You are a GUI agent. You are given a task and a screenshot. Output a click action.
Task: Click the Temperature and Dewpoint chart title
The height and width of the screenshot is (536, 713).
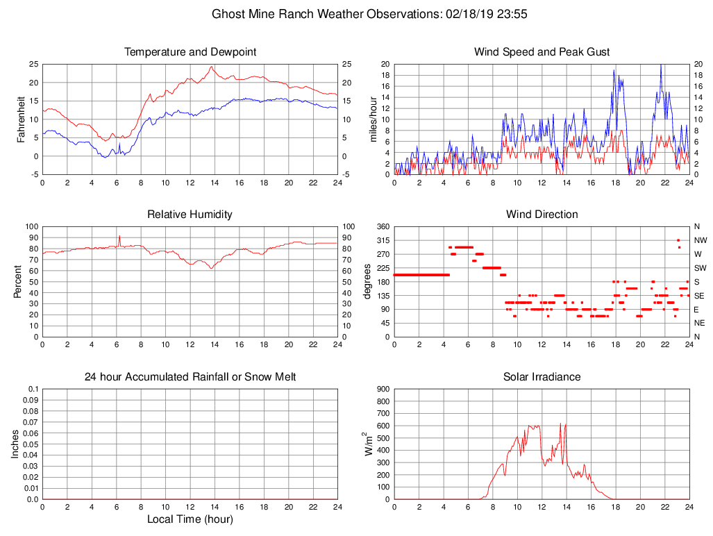click(190, 52)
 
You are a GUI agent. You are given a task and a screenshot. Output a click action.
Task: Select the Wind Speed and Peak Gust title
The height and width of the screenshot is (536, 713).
click(542, 52)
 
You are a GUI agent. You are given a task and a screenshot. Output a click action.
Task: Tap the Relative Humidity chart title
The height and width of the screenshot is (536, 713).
click(190, 215)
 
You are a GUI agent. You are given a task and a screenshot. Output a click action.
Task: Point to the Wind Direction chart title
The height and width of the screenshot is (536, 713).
click(542, 215)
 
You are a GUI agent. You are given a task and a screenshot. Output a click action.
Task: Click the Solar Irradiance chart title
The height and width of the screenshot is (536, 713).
click(542, 377)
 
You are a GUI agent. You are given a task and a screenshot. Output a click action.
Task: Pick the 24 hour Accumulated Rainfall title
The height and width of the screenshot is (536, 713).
click(190, 377)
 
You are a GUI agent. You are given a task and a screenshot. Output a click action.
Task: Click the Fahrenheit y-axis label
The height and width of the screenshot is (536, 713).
click(21, 119)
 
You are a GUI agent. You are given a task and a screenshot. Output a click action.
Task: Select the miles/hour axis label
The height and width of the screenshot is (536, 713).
click(373, 119)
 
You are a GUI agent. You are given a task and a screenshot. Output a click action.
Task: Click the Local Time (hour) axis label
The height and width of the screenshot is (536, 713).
click(190, 519)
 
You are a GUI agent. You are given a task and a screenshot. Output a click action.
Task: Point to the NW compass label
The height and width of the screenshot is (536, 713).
click(700, 240)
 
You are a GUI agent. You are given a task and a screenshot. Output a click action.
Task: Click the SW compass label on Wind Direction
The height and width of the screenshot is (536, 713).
click(700, 268)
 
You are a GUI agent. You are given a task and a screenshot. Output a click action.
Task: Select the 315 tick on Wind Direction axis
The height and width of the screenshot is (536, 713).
click(382, 240)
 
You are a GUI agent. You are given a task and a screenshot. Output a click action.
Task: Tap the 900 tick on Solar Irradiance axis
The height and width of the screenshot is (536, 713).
click(382, 390)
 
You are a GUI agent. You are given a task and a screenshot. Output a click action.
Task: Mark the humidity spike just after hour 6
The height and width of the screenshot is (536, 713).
click(119, 236)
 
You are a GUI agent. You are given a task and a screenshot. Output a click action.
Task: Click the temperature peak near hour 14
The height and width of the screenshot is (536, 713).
click(211, 67)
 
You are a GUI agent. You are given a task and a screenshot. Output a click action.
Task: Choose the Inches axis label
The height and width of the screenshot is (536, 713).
click(15, 444)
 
